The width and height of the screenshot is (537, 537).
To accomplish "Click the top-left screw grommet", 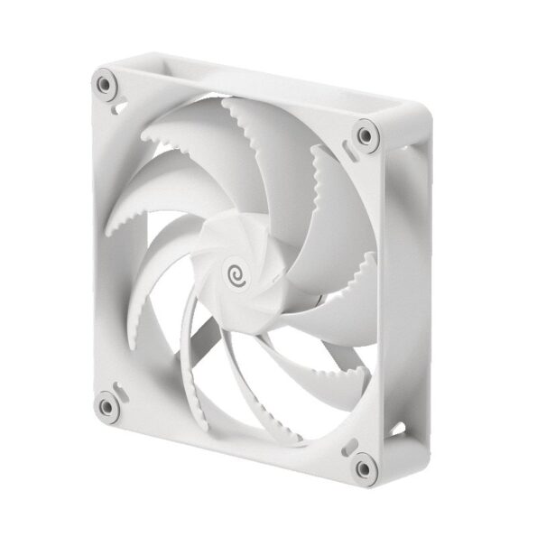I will (106, 86).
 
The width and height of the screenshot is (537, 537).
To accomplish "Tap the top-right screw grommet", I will (364, 135).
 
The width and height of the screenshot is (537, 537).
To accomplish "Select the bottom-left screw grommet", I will (106, 403).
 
